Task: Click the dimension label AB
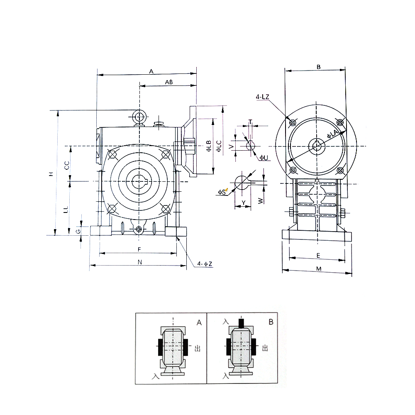169,82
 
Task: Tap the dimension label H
51,174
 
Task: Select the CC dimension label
67,165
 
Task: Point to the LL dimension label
66,210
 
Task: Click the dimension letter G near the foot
78,231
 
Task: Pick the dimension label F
139,249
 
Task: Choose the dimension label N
140,262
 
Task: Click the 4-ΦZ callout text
205,264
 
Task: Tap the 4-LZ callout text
262,97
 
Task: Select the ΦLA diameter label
333,134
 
